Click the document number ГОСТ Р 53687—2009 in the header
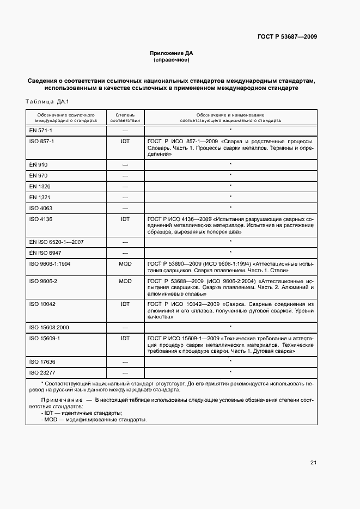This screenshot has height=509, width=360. (287, 37)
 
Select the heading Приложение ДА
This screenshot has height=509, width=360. (172, 53)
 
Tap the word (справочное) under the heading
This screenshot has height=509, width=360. (172, 60)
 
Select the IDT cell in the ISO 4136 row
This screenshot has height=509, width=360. (125, 219)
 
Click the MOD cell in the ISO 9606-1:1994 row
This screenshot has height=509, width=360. (125, 263)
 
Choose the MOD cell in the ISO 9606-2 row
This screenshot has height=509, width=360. (125, 281)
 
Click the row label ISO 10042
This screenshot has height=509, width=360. (42, 304)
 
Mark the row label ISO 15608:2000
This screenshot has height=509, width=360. (49, 327)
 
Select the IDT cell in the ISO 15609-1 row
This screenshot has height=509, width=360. (125, 338)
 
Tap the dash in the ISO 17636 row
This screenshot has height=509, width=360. (125, 361)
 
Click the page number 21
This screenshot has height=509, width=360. (313, 463)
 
